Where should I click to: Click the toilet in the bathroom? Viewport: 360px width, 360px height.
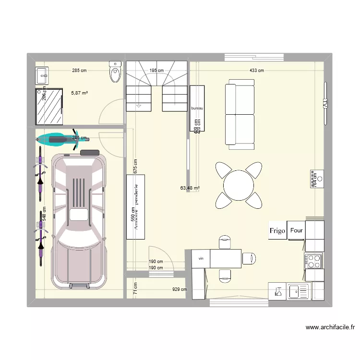[x=115, y=72]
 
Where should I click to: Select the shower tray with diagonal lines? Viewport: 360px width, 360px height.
[x=49, y=107]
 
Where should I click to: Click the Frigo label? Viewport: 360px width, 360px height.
[x=277, y=231]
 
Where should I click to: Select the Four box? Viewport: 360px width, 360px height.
[x=296, y=230]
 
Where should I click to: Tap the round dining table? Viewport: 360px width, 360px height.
[x=239, y=185]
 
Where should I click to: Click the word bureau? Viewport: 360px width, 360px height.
[x=197, y=108]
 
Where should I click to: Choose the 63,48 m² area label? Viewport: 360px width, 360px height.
[x=190, y=188]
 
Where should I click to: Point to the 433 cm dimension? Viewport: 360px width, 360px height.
[x=256, y=71]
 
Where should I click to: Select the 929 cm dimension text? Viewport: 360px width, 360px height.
[x=180, y=289]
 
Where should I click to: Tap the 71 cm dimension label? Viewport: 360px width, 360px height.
[x=135, y=288]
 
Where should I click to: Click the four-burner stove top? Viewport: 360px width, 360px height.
[x=314, y=261]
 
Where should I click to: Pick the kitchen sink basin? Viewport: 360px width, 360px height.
[x=299, y=290]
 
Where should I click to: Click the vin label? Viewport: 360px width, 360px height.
[x=201, y=258]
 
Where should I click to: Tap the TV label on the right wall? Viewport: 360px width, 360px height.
[x=325, y=104]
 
